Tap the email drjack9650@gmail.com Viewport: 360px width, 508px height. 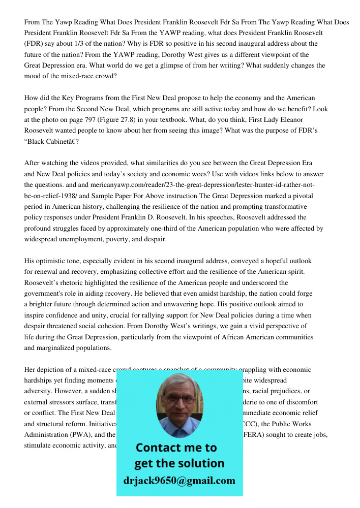click(179, 481)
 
